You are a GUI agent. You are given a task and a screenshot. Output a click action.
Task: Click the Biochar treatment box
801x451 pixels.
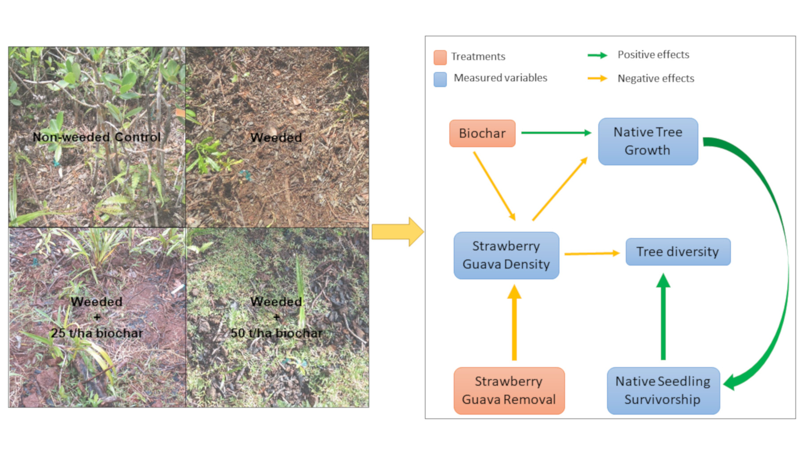tap(482, 133)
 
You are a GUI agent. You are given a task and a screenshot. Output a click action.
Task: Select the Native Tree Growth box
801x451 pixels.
tap(647, 141)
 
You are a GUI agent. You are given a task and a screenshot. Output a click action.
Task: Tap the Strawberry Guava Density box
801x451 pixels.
tap(506, 255)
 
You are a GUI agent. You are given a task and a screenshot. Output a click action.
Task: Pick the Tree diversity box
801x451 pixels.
tap(677, 252)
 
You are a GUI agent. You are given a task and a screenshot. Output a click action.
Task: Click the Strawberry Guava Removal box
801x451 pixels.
tap(509, 390)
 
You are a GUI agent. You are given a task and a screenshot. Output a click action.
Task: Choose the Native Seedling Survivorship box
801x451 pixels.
tap(663, 390)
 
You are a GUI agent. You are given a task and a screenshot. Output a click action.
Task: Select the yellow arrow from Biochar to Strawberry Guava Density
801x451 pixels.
tap(494, 185)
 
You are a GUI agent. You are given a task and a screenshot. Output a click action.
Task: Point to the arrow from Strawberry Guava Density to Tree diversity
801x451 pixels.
tap(591, 253)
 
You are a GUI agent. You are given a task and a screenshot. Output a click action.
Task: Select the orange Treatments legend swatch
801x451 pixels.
tap(440, 57)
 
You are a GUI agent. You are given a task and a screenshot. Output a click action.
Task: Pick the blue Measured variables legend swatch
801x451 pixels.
tap(440, 79)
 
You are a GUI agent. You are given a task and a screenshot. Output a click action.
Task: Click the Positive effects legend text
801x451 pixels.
tap(653, 55)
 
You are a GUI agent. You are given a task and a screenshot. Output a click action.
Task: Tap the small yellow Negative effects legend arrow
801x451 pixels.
tap(597, 78)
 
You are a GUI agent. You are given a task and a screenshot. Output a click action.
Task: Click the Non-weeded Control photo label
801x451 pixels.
tap(96, 137)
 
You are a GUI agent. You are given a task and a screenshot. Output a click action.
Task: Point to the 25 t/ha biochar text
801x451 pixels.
tap(97, 333)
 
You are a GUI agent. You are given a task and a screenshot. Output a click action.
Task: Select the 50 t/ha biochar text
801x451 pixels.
tap(276, 333)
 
